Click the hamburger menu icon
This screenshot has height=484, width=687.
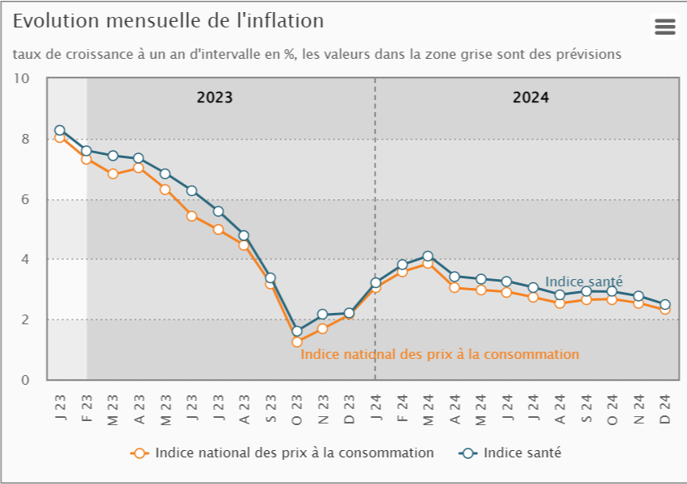coord(664,27)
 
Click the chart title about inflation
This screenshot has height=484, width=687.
coord(168,21)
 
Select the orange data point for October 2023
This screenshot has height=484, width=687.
coord(297,342)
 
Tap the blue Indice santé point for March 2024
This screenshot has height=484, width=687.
coord(428,257)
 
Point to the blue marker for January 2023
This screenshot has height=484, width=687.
coord(60,130)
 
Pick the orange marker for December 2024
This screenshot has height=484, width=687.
coord(664,309)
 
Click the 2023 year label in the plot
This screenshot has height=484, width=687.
coord(215,98)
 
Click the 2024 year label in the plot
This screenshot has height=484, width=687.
coord(530,98)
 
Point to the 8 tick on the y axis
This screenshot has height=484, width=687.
coord(25,139)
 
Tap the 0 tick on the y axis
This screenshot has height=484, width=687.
coord(25,380)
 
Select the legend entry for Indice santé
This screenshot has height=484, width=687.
coord(522,453)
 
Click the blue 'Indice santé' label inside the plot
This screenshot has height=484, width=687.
coord(584,282)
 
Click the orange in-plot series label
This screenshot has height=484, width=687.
coord(440,354)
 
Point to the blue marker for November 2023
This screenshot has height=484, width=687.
coord(323,315)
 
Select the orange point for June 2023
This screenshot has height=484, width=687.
coord(191,216)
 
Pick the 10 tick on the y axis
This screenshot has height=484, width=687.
coord(22,78)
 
